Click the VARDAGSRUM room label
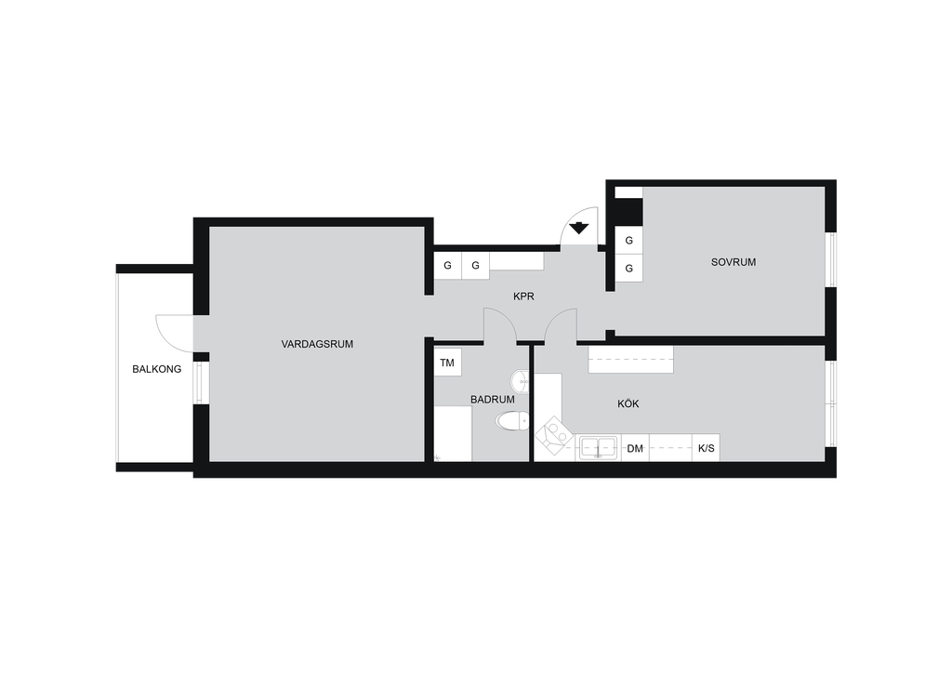coord(317,344)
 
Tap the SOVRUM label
coord(734,262)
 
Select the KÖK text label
coord(628,403)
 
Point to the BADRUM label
coord(493,400)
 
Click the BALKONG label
coord(156,369)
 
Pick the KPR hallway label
coord(523,297)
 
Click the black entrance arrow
coord(579,228)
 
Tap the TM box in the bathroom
coord(447,363)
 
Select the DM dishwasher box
coord(635,448)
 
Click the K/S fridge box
coord(707,448)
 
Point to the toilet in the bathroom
coord(512,420)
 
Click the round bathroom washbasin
coord(521,381)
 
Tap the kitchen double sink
coord(598,448)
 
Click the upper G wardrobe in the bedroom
coord(629,241)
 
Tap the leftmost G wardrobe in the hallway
coord(447,265)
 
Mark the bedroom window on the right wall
coord(833,259)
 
